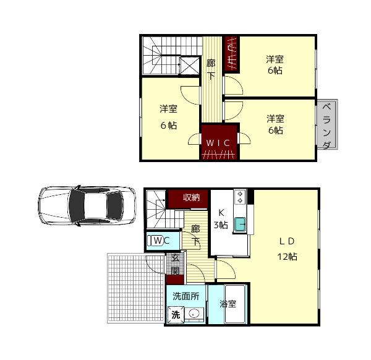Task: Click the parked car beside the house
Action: (x=87, y=205)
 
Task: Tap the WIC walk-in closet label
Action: (x=218, y=143)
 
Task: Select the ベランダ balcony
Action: (x=327, y=124)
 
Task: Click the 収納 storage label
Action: (x=191, y=197)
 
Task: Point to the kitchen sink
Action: (x=240, y=225)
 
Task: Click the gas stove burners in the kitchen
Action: (x=240, y=197)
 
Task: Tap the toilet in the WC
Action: (x=155, y=241)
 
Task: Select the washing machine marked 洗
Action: (x=176, y=315)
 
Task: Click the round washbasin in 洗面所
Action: (x=194, y=314)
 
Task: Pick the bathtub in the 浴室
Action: (x=235, y=304)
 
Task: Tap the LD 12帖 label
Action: (x=287, y=249)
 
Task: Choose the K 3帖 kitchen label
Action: (x=221, y=219)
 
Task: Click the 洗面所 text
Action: (x=186, y=296)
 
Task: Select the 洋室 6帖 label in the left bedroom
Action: (x=168, y=117)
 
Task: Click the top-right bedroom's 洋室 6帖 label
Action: (x=275, y=64)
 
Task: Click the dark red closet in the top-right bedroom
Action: (x=232, y=54)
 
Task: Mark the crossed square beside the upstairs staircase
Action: (x=190, y=66)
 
